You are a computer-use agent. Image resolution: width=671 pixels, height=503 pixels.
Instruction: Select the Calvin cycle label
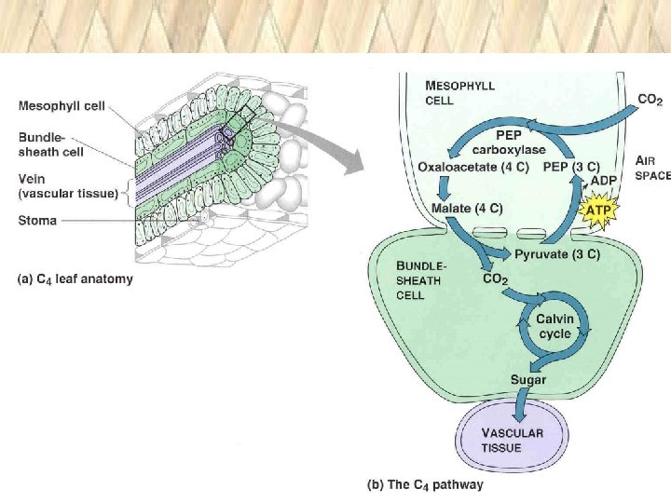tap(555, 326)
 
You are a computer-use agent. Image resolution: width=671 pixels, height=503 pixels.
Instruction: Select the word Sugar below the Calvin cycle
tap(527, 379)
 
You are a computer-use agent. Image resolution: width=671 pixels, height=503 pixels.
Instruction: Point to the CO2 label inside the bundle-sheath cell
tap(494, 278)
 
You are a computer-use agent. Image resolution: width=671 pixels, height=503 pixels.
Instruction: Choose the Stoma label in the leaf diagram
tap(38, 221)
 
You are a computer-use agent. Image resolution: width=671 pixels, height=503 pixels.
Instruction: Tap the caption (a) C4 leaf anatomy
tap(75, 279)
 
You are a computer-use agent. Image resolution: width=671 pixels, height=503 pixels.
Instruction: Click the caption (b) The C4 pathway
tap(424, 484)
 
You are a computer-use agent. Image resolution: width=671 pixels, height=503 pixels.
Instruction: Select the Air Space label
tap(652, 168)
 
